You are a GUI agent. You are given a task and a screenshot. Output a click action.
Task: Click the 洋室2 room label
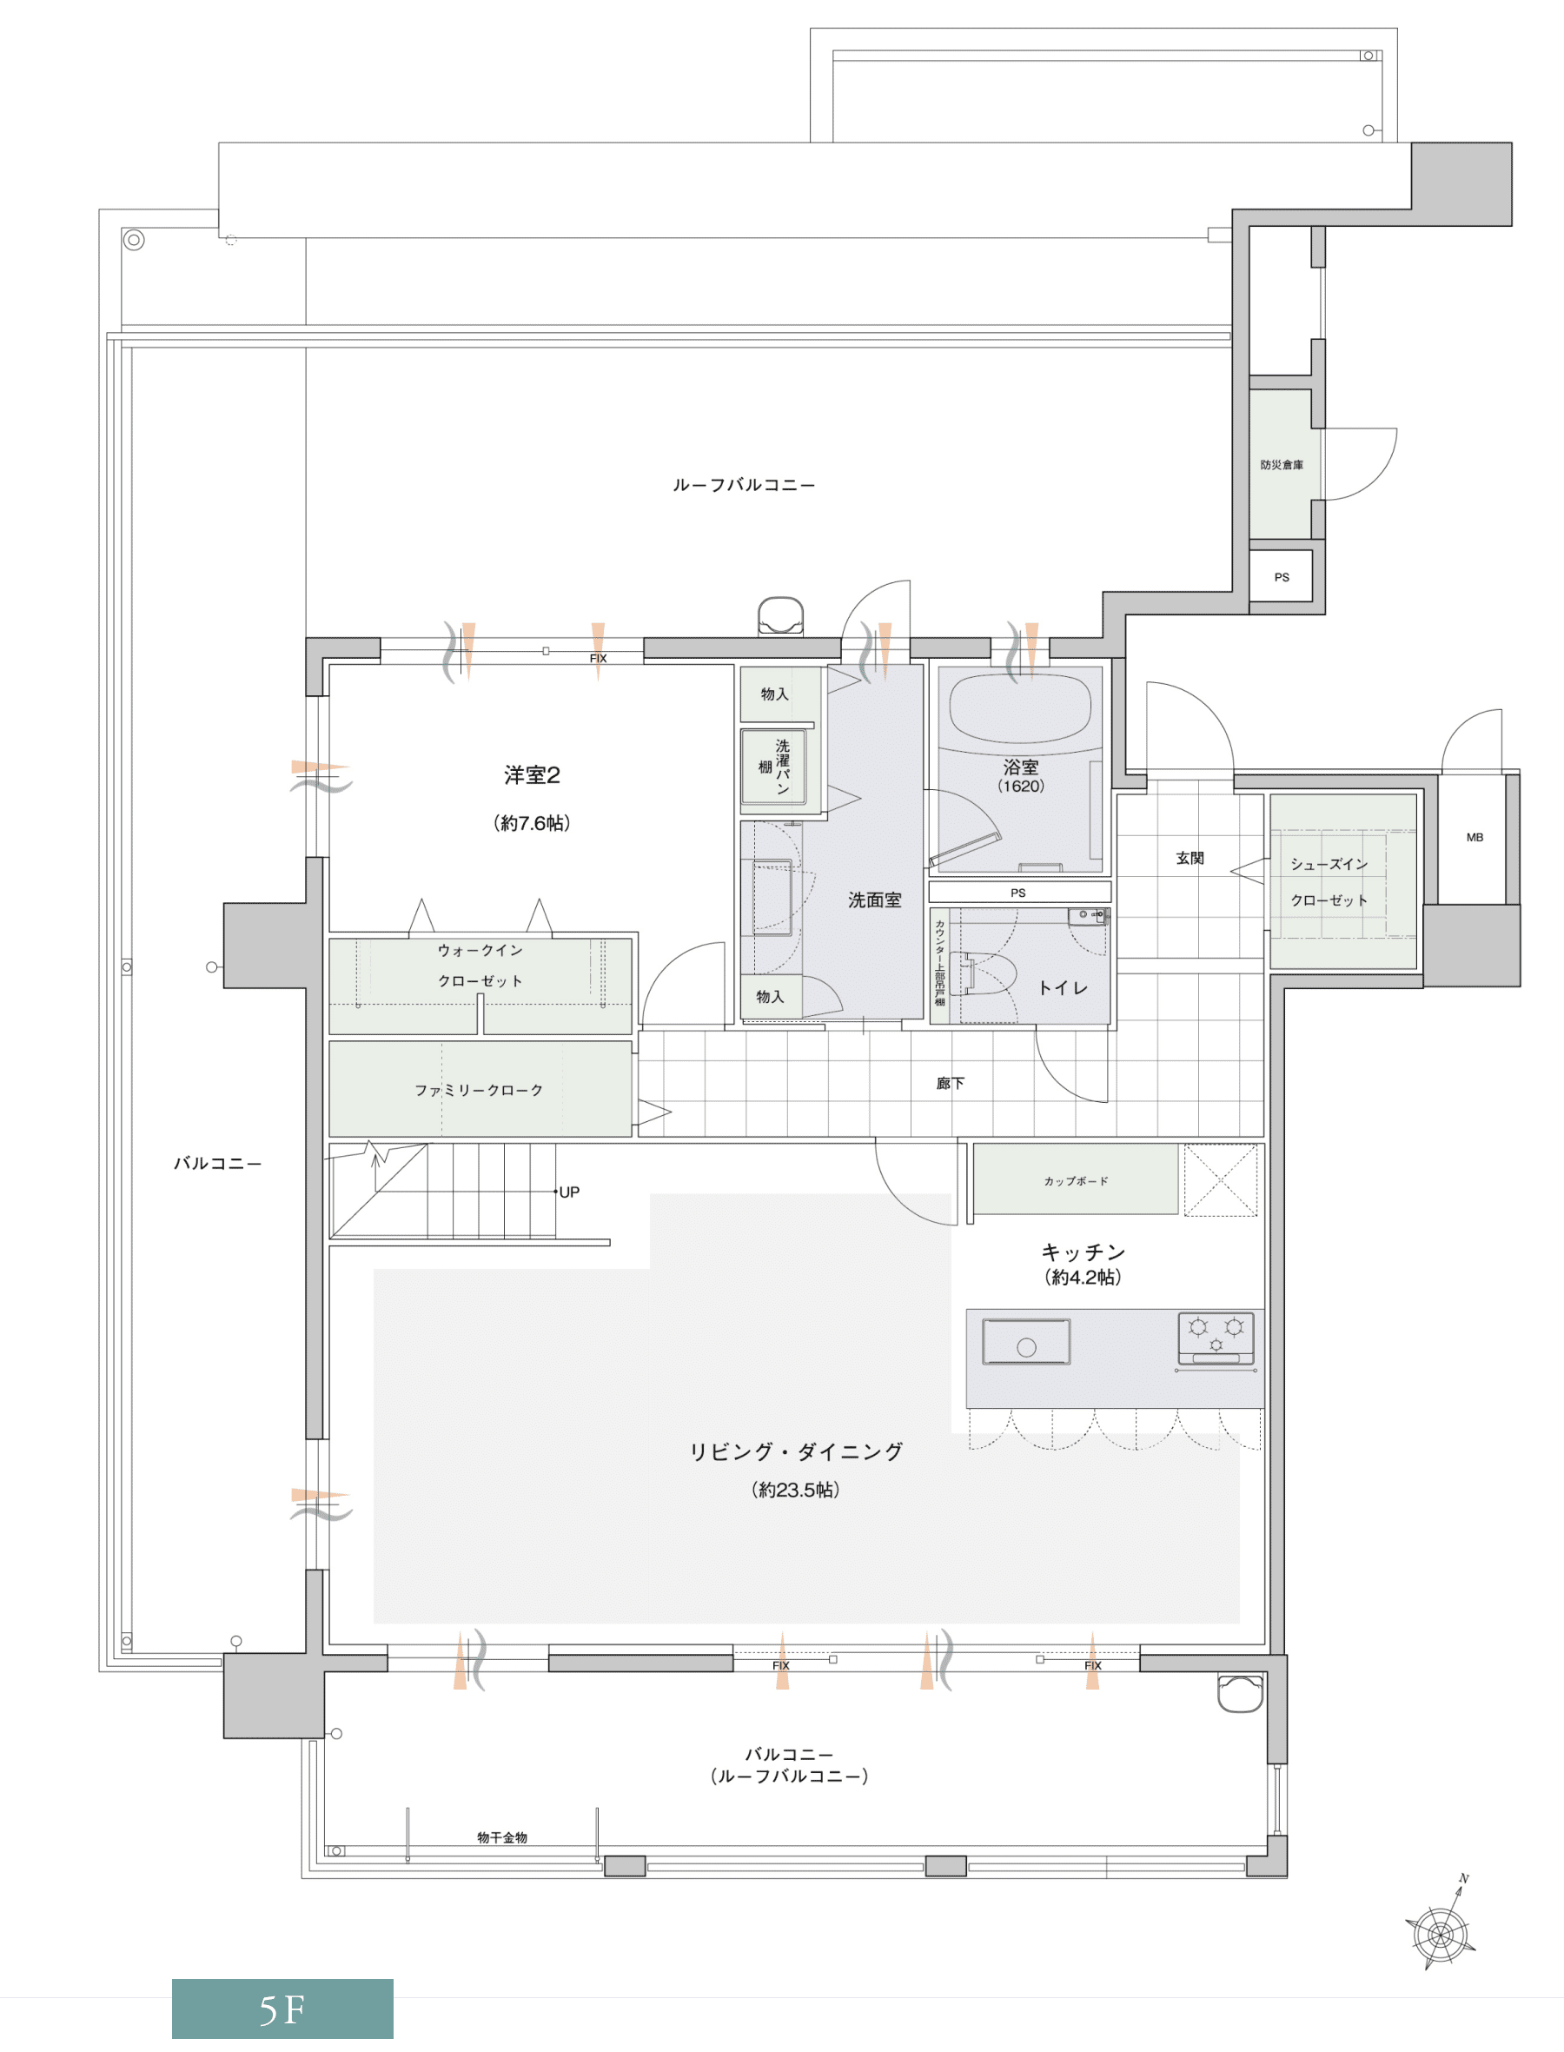(x=532, y=774)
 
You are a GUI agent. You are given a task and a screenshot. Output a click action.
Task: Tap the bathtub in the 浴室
(x=1019, y=710)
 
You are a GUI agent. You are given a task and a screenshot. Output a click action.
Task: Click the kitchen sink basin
(x=1026, y=1342)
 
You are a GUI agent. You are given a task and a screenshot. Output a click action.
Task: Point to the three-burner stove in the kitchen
(x=1216, y=1338)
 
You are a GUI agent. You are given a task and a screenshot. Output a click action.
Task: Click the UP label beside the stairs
(x=569, y=1192)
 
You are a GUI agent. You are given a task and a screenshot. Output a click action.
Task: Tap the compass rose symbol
(x=1441, y=1931)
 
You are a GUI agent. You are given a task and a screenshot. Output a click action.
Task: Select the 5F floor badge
(x=282, y=2010)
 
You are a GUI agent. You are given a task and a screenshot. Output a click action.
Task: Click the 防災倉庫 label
(x=1281, y=465)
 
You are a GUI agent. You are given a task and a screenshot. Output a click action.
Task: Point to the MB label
(x=1475, y=837)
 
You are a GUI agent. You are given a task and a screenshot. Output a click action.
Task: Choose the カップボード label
(x=1076, y=1180)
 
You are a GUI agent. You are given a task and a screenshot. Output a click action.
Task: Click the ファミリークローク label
(x=479, y=1090)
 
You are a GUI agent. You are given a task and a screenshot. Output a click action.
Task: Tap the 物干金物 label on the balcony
(x=502, y=1837)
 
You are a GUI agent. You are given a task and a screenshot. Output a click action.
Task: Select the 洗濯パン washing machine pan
(x=772, y=767)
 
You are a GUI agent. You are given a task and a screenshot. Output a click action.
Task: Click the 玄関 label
(x=1190, y=858)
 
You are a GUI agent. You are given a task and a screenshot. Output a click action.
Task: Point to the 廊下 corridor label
(x=951, y=1083)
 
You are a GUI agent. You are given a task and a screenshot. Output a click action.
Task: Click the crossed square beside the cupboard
(x=1221, y=1179)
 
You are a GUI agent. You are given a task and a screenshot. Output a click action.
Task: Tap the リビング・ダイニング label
(x=796, y=1451)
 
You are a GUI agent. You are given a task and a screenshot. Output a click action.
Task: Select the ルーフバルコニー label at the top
(x=744, y=485)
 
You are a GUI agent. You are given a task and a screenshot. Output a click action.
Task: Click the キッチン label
(x=1083, y=1252)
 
